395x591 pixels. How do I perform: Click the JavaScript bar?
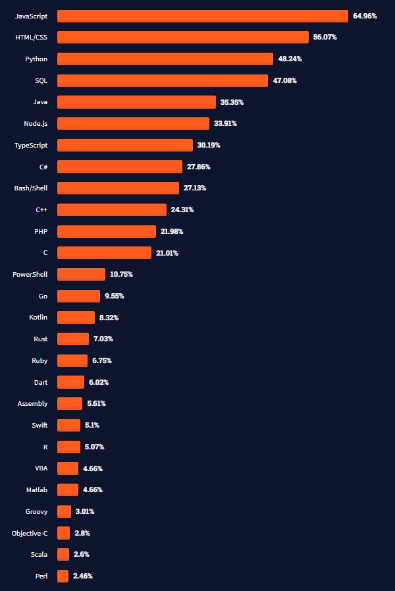click(x=202, y=16)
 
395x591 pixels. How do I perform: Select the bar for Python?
click(x=165, y=59)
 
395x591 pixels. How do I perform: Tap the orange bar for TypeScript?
click(x=124, y=145)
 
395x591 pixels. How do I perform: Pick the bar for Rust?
click(x=72, y=339)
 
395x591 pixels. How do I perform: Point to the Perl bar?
click(x=63, y=576)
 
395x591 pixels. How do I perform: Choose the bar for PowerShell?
click(x=81, y=274)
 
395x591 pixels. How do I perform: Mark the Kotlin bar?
click(x=76, y=318)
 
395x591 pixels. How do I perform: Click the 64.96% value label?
click(x=365, y=16)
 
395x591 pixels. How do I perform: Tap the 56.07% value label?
click(x=325, y=38)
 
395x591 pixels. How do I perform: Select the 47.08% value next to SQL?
click(x=284, y=80)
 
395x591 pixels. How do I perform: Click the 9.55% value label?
click(x=114, y=296)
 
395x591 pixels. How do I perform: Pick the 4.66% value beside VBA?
click(x=92, y=468)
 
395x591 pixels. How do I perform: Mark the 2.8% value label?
click(x=82, y=533)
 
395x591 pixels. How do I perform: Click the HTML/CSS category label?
click(x=32, y=38)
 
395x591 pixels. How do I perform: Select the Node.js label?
click(x=35, y=123)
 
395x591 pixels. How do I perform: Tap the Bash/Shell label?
click(x=31, y=188)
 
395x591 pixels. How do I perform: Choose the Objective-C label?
click(x=30, y=533)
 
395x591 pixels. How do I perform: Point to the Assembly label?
click(x=32, y=403)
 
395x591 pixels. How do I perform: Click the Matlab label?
click(x=37, y=490)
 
